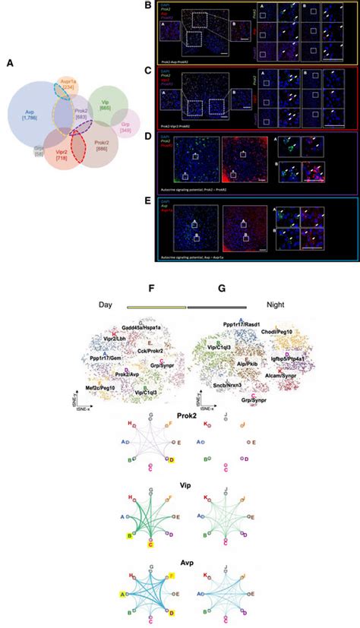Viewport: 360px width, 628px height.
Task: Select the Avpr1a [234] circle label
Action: [68, 85]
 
